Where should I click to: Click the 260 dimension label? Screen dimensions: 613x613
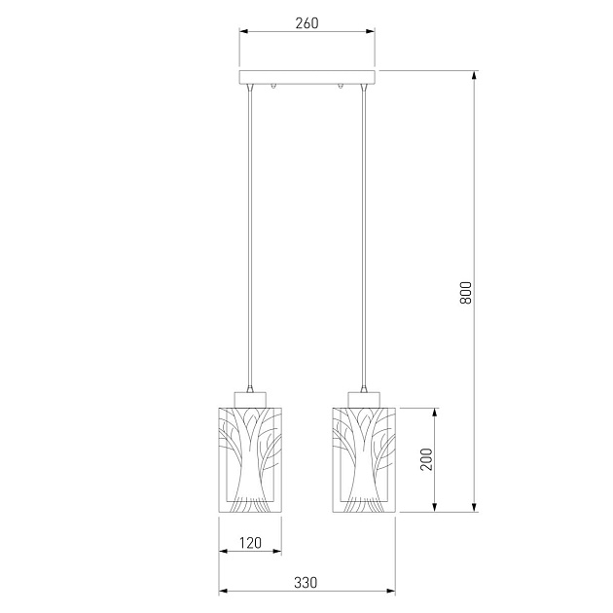(306, 23)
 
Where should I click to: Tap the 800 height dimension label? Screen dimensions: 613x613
(466, 293)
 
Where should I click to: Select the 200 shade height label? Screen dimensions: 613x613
(426, 459)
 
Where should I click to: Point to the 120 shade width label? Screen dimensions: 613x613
(250, 543)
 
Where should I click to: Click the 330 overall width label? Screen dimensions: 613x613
(306, 583)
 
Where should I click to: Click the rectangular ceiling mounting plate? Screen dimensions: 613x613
(307, 77)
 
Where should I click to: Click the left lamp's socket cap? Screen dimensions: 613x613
(250, 400)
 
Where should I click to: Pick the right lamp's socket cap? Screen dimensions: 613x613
(364, 400)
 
